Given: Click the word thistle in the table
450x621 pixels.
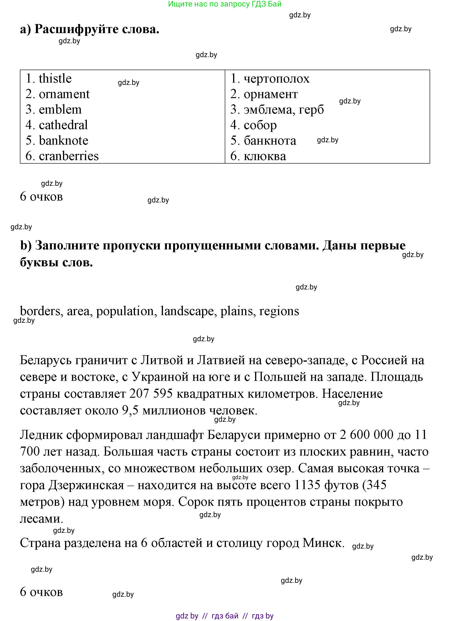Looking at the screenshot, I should click(55, 79).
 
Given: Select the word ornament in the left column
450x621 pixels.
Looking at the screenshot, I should click(64, 94).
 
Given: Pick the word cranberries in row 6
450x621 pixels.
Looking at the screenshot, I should click(69, 156).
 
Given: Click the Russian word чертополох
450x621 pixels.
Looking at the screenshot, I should click(277, 79).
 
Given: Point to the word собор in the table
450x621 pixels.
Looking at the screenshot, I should click(260, 125).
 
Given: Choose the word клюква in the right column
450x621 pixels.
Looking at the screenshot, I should click(265, 156).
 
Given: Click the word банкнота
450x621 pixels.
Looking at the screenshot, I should click(270, 141).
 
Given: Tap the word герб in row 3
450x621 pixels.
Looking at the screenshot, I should click(311, 109).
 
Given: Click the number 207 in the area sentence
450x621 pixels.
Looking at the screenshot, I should click(139, 394).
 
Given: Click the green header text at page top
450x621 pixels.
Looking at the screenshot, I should click(225, 4).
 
